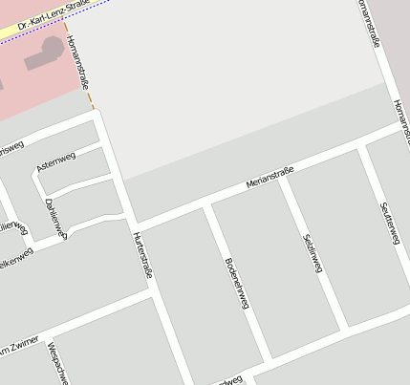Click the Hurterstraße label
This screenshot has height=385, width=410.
point(142,255)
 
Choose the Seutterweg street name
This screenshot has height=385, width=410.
point(388,222)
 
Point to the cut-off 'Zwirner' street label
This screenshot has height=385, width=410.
point(19,348)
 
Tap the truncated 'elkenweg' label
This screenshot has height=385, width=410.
point(17,259)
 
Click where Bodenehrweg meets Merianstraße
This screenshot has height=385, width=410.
point(207,203)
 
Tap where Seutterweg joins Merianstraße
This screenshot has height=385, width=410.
point(361,150)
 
